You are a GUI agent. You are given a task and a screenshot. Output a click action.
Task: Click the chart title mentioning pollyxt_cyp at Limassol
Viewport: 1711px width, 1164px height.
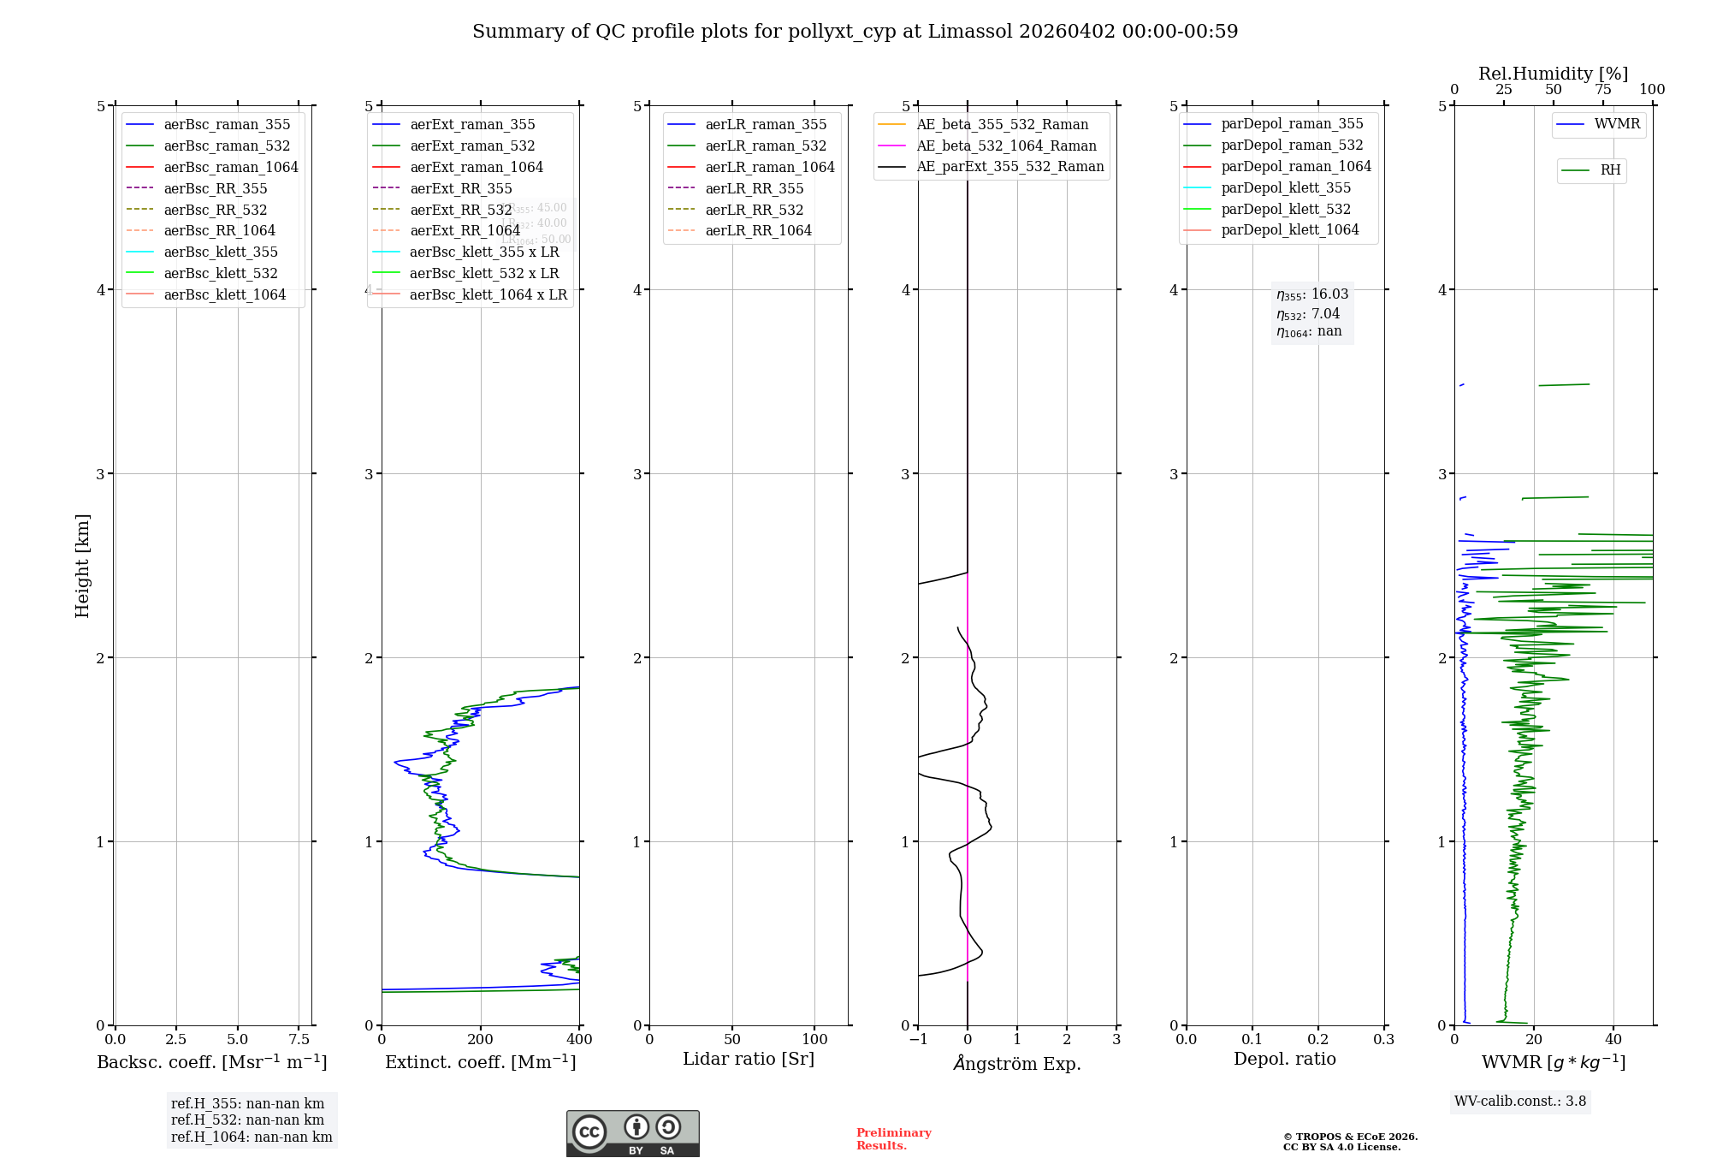855,32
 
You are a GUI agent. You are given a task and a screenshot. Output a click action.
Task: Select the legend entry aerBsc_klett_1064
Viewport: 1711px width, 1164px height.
224,294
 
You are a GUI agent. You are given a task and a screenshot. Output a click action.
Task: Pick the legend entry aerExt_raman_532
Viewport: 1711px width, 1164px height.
472,145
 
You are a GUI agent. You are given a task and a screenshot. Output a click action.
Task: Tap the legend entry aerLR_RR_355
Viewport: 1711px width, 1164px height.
754,188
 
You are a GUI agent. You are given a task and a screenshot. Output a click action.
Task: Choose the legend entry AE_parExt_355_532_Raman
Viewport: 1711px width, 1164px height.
1009,166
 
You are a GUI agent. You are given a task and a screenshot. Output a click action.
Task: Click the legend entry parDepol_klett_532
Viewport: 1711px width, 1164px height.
1285,209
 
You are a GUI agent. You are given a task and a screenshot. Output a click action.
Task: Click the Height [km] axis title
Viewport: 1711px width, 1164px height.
82,565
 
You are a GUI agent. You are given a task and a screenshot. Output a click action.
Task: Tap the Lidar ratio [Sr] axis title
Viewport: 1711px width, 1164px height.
749,1059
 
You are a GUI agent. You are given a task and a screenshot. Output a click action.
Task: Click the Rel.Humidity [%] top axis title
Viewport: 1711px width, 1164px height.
1553,74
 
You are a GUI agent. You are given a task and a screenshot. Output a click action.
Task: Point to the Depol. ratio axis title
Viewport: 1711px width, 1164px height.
1284,1059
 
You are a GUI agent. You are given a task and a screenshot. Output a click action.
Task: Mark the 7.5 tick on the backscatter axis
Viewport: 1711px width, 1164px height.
299,1039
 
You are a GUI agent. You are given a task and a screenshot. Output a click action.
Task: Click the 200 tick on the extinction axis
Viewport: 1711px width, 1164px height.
481,1039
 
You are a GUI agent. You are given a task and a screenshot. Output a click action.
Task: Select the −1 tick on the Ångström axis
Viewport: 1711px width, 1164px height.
918,1039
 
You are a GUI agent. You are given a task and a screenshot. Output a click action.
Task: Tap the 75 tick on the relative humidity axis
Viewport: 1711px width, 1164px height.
1602,90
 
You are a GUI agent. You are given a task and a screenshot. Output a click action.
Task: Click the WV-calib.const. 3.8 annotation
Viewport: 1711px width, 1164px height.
1520,1101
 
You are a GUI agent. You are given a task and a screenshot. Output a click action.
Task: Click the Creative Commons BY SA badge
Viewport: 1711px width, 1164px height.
632,1133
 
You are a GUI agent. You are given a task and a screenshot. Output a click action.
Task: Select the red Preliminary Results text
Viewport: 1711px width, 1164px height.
893,1138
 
